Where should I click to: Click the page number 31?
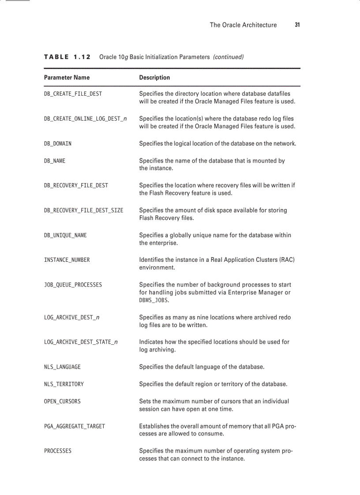[x=297, y=25]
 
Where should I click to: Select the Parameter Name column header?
[x=67, y=78]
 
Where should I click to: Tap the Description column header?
[x=154, y=78]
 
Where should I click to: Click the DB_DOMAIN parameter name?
[x=58, y=144]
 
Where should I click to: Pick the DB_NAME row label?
[x=55, y=161]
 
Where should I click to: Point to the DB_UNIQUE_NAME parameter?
[x=65, y=235]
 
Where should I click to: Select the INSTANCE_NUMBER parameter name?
[x=67, y=260]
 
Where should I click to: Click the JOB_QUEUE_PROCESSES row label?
[x=73, y=285]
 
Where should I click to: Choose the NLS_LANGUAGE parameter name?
[x=62, y=367]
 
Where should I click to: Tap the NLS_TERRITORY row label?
[x=64, y=384]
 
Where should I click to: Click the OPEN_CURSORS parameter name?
[x=62, y=401]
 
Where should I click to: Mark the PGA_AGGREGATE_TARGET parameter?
[x=75, y=426]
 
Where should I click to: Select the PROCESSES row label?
[x=58, y=451]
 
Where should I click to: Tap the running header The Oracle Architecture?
[x=243, y=25]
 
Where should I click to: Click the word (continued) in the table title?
[x=228, y=57]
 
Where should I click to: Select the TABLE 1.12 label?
[x=67, y=57]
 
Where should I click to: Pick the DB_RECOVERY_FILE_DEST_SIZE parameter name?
[x=83, y=210]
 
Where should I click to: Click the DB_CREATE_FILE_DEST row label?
[x=73, y=94]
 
